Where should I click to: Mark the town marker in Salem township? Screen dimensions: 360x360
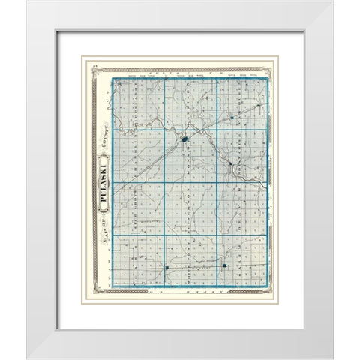coord(225,265)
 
